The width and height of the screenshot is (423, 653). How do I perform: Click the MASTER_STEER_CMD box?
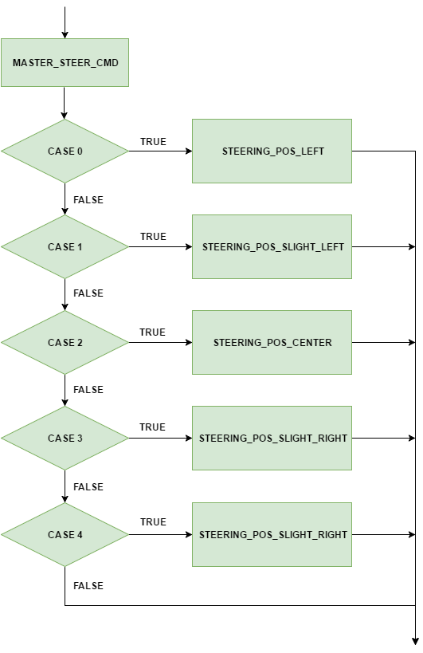click(x=65, y=62)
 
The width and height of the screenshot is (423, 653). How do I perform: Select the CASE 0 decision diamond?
click(x=65, y=151)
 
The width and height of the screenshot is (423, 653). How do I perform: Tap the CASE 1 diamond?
click(x=65, y=247)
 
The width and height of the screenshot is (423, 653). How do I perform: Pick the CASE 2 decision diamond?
click(x=65, y=342)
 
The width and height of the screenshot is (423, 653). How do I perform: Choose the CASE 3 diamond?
click(x=65, y=438)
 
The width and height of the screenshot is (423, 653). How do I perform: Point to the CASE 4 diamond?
click(x=65, y=535)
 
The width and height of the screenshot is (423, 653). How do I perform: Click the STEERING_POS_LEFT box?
click(x=272, y=151)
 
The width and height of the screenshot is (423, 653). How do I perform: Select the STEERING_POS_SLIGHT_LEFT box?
click(x=272, y=247)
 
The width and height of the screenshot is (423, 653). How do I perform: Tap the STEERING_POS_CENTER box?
click(x=272, y=342)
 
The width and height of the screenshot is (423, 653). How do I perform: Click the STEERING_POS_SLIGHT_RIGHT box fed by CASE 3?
click(x=272, y=438)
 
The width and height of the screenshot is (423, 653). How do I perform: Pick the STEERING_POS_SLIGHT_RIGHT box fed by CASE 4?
click(x=272, y=535)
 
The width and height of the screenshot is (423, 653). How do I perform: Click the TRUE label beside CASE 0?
click(x=153, y=142)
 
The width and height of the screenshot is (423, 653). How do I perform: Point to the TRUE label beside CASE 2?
click(x=152, y=332)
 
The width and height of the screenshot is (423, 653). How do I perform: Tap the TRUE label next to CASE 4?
click(x=153, y=522)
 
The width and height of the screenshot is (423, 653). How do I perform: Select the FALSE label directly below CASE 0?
click(x=88, y=200)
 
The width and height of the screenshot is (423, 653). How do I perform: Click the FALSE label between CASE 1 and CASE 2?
click(x=88, y=293)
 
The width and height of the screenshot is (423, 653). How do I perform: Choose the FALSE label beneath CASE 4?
click(x=88, y=586)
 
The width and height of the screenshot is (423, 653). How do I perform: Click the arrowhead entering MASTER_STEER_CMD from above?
click(x=65, y=34)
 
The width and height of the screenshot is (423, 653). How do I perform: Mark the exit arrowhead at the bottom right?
click(x=415, y=641)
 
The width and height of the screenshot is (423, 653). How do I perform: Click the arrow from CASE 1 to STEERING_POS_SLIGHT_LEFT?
click(x=161, y=247)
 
